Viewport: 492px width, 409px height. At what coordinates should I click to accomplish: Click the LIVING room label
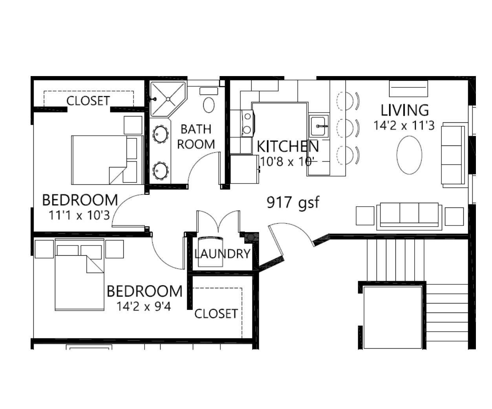pos(404,110)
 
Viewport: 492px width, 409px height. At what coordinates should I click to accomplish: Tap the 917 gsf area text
pos(293,202)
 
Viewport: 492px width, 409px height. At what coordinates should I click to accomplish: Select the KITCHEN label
pos(287,146)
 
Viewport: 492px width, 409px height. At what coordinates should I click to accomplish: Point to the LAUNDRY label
pos(222,254)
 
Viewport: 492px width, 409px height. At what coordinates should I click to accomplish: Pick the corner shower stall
pos(168,99)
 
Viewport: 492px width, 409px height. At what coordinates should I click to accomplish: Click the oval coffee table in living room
pos(409,155)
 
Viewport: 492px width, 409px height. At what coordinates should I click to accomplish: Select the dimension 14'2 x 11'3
pos(404,125)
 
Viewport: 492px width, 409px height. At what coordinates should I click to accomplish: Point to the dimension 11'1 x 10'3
pos(79,215)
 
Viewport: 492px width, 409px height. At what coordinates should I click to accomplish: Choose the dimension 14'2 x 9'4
pos(144,306)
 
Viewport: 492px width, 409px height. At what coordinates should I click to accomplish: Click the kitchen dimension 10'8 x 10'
pos(287,162)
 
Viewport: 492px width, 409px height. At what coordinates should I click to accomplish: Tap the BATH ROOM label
pos(196,137)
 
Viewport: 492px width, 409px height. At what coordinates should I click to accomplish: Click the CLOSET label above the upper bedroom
pos(88,101)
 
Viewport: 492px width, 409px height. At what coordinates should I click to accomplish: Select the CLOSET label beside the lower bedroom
pos(216,314)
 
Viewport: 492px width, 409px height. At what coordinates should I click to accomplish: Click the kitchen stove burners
pos(247,123)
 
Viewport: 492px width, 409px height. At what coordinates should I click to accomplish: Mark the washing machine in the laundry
pos(210,252)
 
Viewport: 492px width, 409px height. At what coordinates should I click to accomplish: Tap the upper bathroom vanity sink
pos(161,134)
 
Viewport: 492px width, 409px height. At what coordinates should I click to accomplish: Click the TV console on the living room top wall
pos(408,89)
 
